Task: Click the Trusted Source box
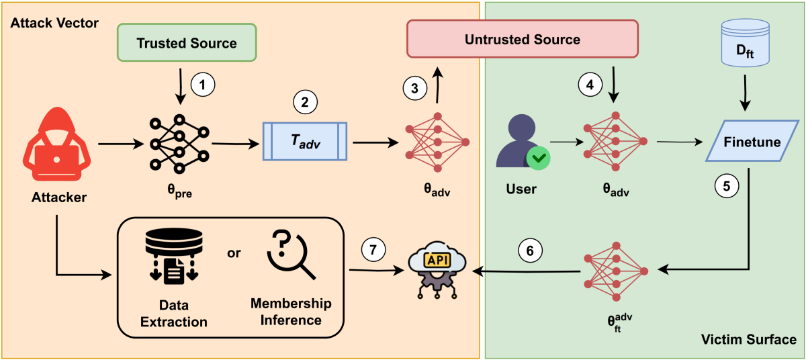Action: pos(187,43)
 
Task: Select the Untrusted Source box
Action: pos(522,39)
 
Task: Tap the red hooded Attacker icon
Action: pos(56,152)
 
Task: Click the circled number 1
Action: pos(202,85)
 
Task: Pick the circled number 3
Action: pos(413,88)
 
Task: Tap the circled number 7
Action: pos(373,251)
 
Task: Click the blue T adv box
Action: pos(304,142)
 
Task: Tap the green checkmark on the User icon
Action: pos(539,159)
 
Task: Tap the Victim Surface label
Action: pos(748,339)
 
